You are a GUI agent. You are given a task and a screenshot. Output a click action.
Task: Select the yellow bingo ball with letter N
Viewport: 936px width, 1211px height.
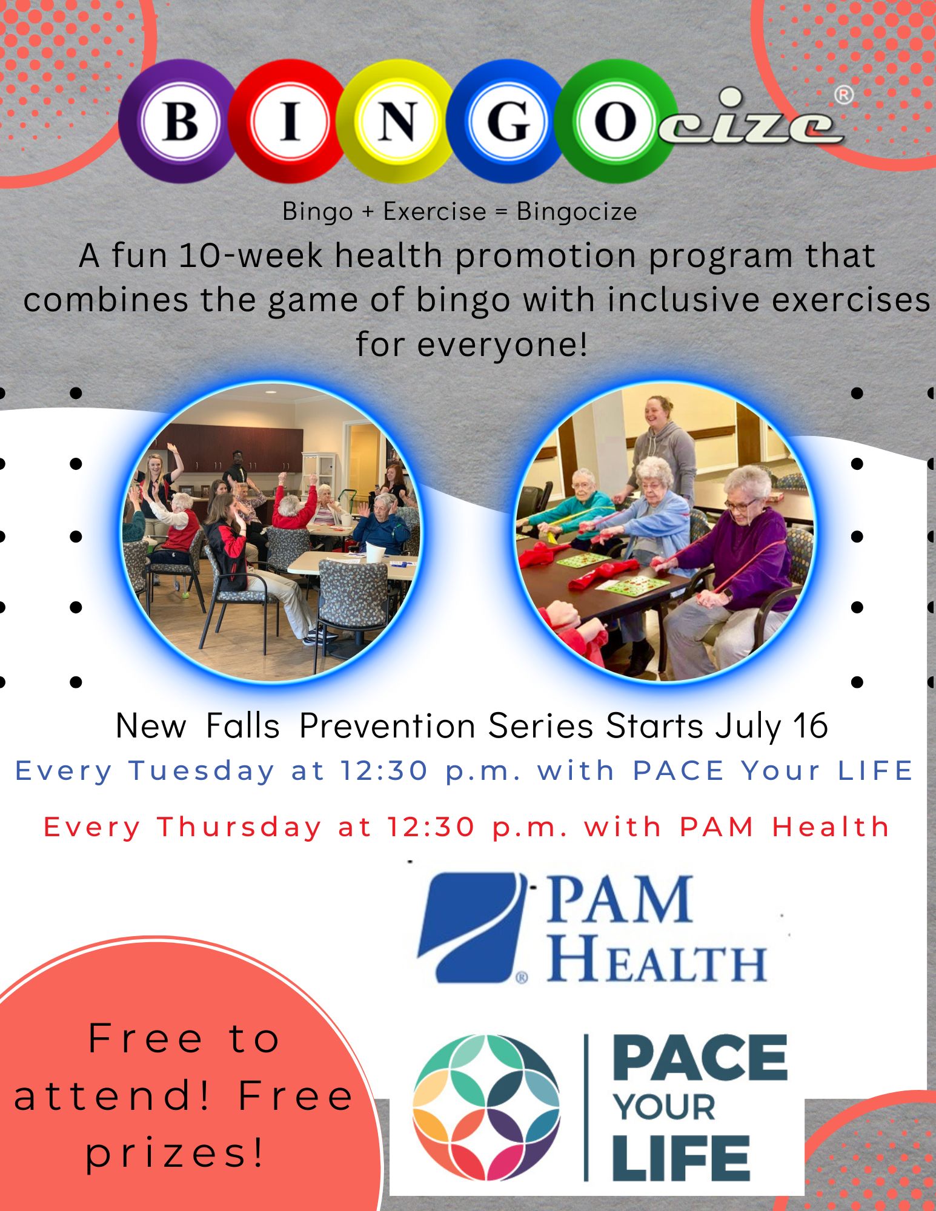coord(397,121)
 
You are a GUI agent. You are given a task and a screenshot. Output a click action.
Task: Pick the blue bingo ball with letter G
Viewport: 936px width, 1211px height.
coord(508,121)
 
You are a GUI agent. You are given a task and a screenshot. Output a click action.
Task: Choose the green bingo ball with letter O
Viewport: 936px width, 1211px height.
coord(614,121)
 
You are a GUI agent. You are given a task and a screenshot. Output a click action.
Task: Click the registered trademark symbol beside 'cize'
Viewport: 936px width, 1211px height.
coord(844,94)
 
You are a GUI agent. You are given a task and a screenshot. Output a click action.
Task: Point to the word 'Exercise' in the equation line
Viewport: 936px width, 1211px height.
coord(434,212)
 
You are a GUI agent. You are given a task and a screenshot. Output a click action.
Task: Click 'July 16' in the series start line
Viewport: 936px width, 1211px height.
coord(771,726)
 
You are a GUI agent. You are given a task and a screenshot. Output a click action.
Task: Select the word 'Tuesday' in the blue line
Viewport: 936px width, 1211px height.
coord(202,771)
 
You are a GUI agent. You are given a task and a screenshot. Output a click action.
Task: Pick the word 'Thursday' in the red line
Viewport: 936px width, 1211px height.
coord(239,827)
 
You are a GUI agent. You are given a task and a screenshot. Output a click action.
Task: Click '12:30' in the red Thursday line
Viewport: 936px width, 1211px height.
coord(431,827)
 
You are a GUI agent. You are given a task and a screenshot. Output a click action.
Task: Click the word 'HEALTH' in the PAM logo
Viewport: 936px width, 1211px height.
coord(657,959)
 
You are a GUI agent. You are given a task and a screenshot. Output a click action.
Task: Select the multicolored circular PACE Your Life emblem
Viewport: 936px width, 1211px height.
coord(486,1108)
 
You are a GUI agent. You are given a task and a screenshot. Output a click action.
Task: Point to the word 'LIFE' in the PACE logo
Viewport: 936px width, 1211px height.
coord(681,1158)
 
